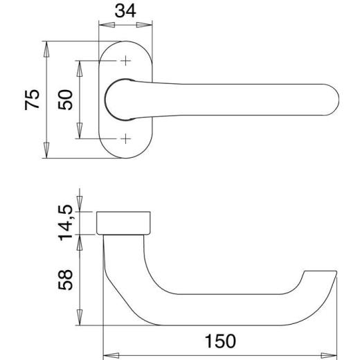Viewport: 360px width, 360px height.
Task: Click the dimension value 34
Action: tap(126, 12)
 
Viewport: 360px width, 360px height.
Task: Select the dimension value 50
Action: tap(65, 99)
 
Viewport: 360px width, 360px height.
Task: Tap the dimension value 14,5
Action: tap(66, 221)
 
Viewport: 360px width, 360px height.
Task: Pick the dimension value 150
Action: tap(220, 341)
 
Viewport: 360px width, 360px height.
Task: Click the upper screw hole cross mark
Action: tap(126, 62)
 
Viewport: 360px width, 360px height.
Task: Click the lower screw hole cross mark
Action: tap(126, 138)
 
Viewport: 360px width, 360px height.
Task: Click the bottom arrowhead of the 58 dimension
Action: tap(80, 322)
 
